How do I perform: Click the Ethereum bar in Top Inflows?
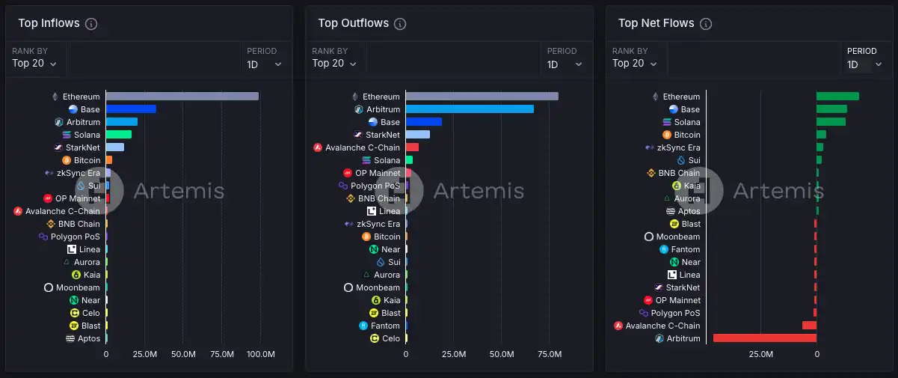click(x=182, y=97)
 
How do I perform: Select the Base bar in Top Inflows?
click(x=131, y=109)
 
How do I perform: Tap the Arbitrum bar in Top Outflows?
click(x=470, y=109)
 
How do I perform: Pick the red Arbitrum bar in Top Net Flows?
click(x=765, y=338)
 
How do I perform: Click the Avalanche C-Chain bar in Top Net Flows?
click(x=810, y=326)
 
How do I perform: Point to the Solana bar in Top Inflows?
click(x=119, y=135)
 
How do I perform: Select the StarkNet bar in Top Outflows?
click(x=418, y=135)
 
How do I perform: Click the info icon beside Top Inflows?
click(x=91, y=24)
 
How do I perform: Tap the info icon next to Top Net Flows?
click(x=706, y=24)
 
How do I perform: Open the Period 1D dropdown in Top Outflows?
click(x=564, y=64)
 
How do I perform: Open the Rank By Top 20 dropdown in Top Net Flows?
click(x=634, y=64)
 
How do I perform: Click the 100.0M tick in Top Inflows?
click(x=261, y=354)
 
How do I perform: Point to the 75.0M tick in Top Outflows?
click(x=550, y=354)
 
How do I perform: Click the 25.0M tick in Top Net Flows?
click(x=761, y=354)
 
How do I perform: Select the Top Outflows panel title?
click(x=353, y=23)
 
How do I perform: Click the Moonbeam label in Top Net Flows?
click(x=678, y=237)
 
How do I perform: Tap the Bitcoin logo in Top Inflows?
click(x=67, y=160)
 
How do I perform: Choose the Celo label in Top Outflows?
click(x=391, y=338)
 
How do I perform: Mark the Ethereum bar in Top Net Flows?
click(x=838, y=97)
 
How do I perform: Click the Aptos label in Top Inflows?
click(x=89, y=338)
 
